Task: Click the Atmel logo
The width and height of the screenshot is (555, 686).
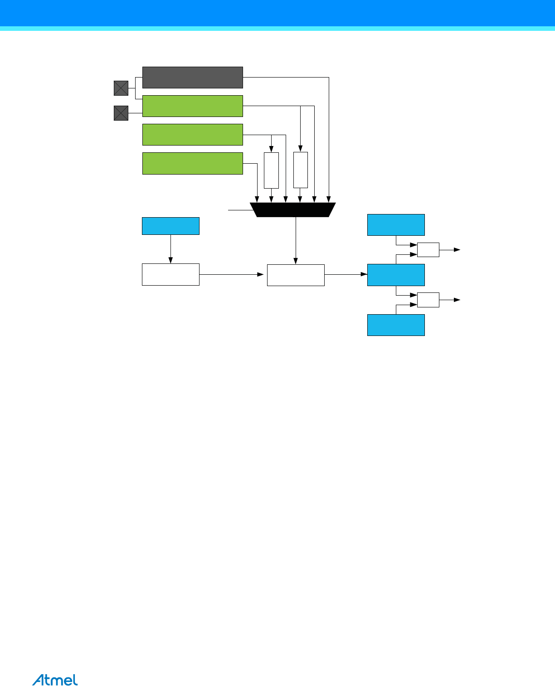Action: pos(55,680)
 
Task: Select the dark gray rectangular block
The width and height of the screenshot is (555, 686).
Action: pos(192,78)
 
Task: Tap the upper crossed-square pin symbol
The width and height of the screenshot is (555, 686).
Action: pos(121,88)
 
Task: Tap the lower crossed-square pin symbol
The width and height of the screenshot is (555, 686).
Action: pos(121,113)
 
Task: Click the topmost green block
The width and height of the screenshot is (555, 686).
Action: pos(192,106)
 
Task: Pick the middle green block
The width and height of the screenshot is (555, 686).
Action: pos(192,135)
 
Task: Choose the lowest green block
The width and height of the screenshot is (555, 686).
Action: pos(192,163)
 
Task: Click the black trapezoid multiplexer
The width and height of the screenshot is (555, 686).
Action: pos(293,210)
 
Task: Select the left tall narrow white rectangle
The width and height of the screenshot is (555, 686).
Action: pos(271,170)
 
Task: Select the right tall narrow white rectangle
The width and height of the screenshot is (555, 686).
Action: pos(300,170)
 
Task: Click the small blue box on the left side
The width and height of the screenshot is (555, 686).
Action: pos(170,226)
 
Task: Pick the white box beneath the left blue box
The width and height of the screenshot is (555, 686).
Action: pos(170,274)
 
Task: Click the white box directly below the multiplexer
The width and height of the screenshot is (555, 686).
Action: pos(296,275)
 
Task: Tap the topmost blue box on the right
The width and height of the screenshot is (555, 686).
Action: pos(396,225)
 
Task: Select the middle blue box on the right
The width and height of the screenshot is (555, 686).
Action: pos(396,275)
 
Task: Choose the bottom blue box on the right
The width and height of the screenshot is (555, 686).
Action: pos(396,325)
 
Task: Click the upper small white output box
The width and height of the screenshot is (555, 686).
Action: pos(428,250)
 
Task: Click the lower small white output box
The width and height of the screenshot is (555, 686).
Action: pos(428,300)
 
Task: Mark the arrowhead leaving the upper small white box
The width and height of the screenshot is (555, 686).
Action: pos(457,250)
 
